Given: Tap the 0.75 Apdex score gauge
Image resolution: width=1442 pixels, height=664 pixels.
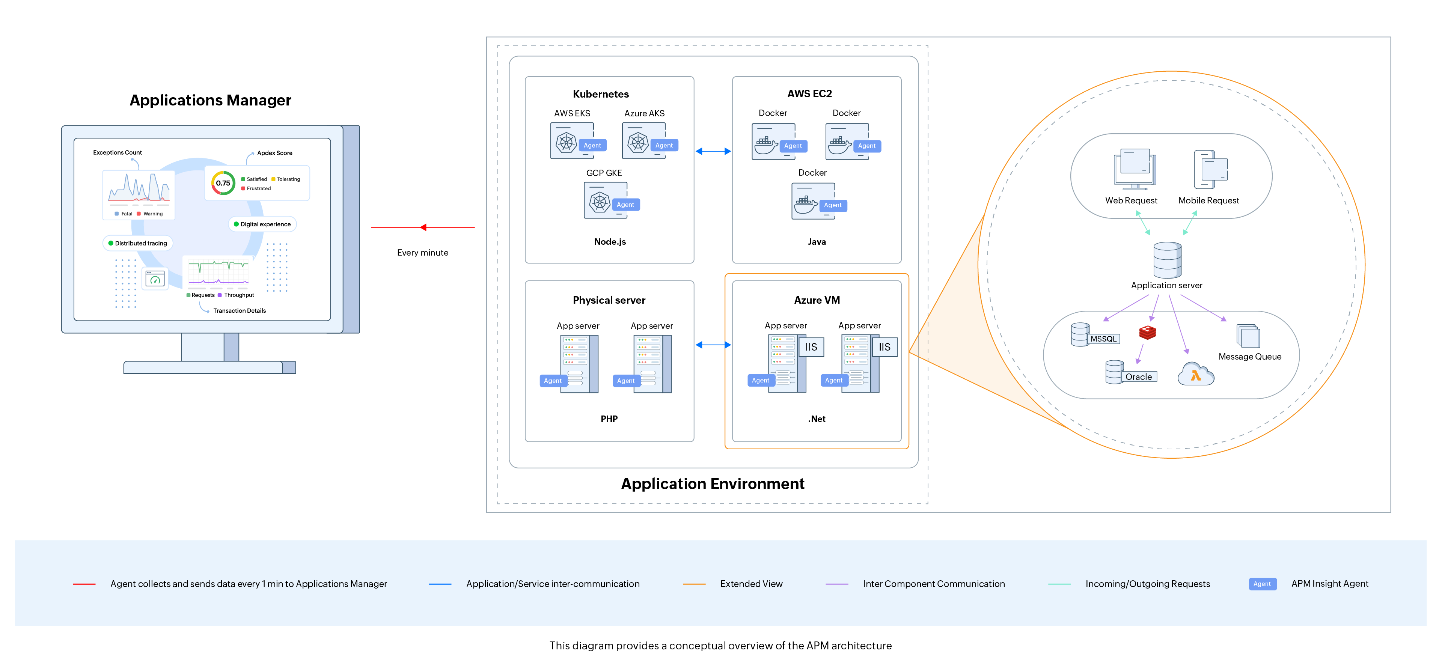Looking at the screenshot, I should click(223, 183).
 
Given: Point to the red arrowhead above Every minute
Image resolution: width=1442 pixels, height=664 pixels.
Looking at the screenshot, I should click(424, 227).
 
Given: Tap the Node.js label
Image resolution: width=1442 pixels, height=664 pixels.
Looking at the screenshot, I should click(610, 242).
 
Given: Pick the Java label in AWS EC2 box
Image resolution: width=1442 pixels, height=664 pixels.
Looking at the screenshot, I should click(816, 242).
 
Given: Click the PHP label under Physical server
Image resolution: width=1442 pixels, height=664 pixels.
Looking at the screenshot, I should click(609, 419).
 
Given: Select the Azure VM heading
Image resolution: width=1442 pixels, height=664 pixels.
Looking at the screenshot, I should click(816, 300).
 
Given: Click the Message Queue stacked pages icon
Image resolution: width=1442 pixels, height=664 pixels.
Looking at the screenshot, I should click(1248, 336).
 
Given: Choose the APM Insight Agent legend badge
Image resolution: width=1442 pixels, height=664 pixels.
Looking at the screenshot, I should click(1262, 584).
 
